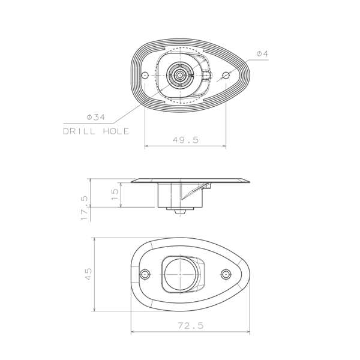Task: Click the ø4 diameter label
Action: click(x=262, y=54)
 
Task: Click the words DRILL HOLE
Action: click(x=96, y=131)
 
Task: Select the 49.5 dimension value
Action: click(x=185, y=139)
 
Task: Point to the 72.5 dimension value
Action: click(x=190, y=326)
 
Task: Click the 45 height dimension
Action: click(x=88, y=274)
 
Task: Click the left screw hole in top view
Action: click(x=145, y=76)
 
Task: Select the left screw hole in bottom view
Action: click(x=145, y=275)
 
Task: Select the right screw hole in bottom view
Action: click(x=226, y=275)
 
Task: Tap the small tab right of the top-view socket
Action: click(x=206, y=76)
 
